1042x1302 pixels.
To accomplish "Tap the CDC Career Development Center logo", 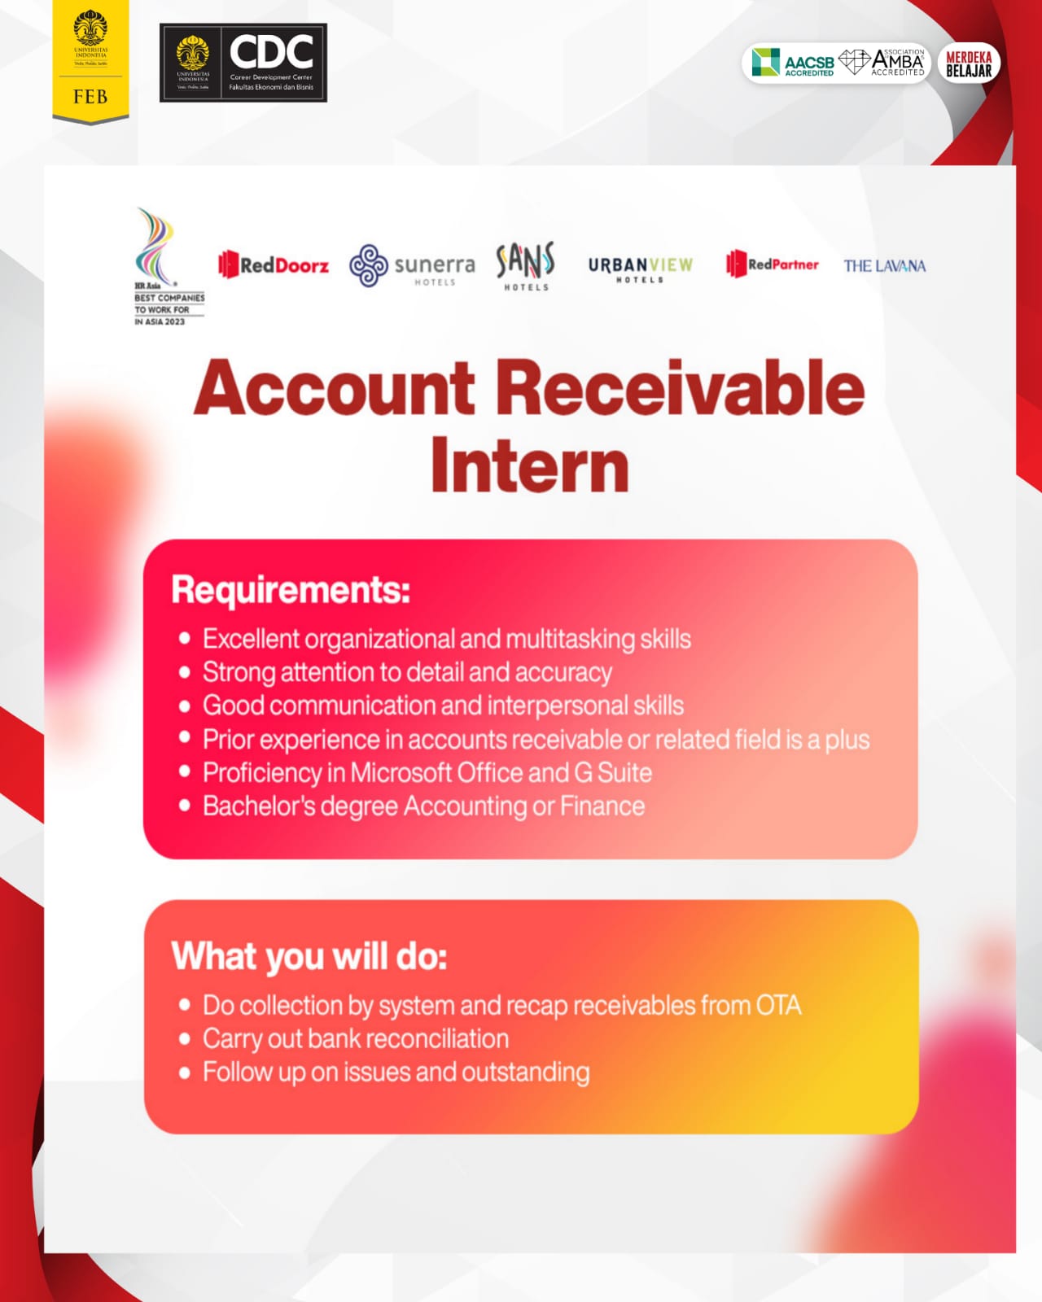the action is click(x=243, y=63).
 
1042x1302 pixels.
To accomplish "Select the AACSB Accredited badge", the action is click(x=793, y=63).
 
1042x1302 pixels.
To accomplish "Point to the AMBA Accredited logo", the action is click(x=882, y=63).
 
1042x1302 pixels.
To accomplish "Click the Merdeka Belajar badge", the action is click(x=969, y=63).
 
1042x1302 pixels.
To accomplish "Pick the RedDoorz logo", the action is click(x=273, y=264).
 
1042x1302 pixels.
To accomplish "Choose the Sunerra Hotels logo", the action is click(x=412, y=265).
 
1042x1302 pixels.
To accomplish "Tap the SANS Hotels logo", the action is click(x=526, y=266).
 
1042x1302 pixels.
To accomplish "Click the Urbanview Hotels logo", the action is click(x=640, y=269).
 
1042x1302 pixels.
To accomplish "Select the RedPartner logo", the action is click(x=772, y=264).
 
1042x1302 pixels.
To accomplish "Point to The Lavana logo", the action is click(x=885, y=266).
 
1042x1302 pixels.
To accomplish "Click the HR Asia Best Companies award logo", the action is click(x=169, y=267).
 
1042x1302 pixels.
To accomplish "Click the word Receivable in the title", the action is click(x=681, y=388).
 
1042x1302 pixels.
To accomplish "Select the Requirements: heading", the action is click(x=291, y=589).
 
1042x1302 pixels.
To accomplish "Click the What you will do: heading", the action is click(x=309, y=956).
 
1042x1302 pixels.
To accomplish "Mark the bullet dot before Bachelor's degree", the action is click(x=185, y=806).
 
